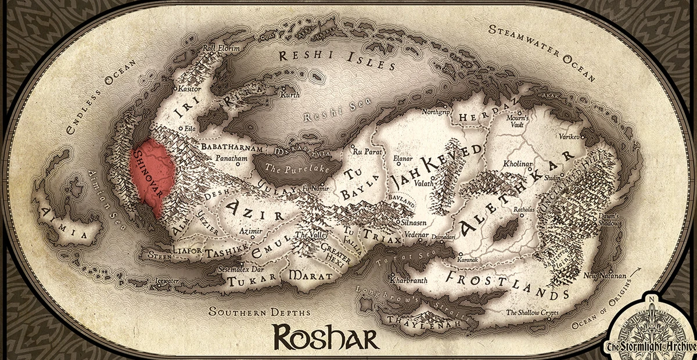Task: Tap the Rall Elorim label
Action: tap(220, 49)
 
